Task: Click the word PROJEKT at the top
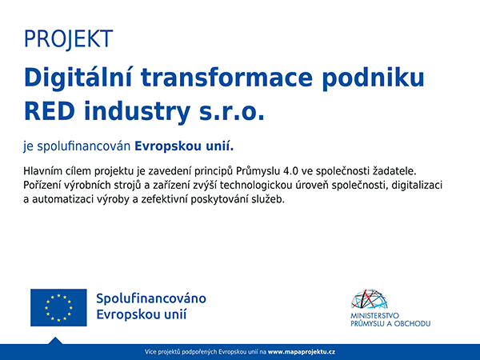68,39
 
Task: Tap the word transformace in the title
227,78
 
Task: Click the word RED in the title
50,111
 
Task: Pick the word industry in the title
137,112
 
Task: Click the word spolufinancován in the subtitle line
83,146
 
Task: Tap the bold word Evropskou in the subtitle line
167,146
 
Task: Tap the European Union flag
58,307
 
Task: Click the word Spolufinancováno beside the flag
151,298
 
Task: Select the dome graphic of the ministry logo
369,298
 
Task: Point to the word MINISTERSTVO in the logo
374,316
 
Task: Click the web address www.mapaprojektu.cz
302,352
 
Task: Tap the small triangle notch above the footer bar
55,341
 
